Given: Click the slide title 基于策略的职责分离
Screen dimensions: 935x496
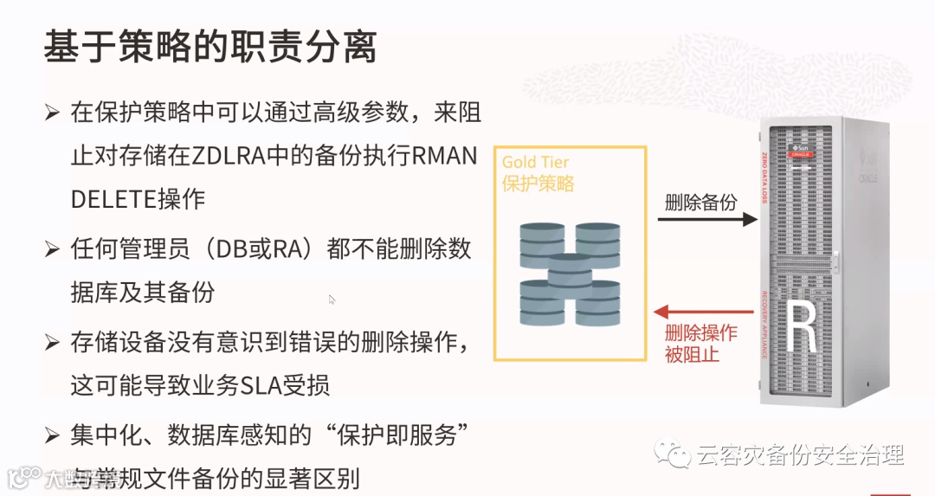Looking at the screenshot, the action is (x=210, y=48).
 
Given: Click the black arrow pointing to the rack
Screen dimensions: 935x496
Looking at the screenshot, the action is (x=706, y=220).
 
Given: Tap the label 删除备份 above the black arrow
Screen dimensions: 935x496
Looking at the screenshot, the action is (x=700, y=202).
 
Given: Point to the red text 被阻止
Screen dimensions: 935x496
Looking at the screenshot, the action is (x=692, y=353).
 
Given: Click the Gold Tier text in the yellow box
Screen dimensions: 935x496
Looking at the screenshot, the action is (x=535, y=162).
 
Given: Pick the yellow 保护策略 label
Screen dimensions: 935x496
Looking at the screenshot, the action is (x=538, y=184).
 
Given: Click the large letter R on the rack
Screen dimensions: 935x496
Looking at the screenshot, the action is (x=803, y=328).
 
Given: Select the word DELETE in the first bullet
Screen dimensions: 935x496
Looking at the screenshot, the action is (x=113, y=198).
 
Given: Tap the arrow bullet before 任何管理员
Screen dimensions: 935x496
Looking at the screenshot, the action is (x=52, y=250).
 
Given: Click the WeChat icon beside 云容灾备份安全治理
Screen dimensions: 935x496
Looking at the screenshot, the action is (x=674, y=454).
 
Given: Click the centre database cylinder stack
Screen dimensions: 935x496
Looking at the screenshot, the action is (x=570, y=277).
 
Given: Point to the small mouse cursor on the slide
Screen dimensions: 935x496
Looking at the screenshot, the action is (x=332, y=300).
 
